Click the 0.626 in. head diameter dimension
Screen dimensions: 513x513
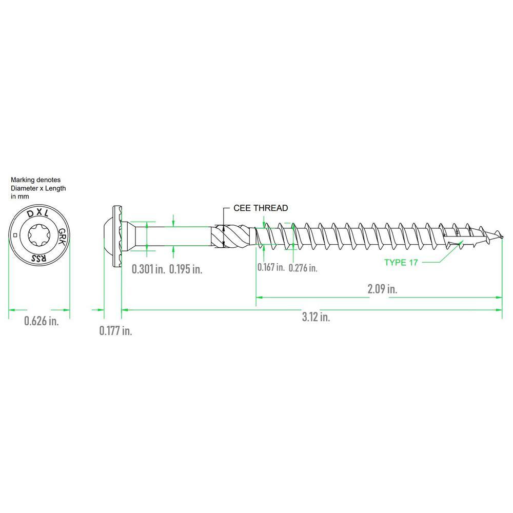(x=42, y=321)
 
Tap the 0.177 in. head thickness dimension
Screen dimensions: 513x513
(x=116, y=331)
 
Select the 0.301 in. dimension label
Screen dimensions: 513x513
(x=148, y=269)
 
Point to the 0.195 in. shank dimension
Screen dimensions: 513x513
(x=186, y=269)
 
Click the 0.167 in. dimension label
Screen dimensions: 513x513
(x=271, y=267)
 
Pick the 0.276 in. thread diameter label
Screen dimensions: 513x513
(x=303, y=268)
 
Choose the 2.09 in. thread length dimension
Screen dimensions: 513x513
(x=382, y=289)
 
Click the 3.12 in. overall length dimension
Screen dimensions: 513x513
(x=316, y=317)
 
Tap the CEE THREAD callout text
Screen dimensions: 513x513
(x=261, y=208)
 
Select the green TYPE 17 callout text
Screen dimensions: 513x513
(x=401, y=262)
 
